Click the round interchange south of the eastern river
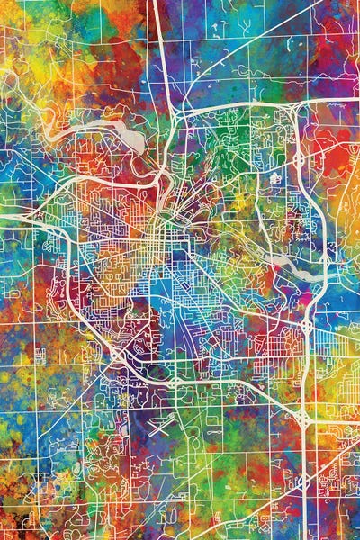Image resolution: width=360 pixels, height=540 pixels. (x=307, y=324)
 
